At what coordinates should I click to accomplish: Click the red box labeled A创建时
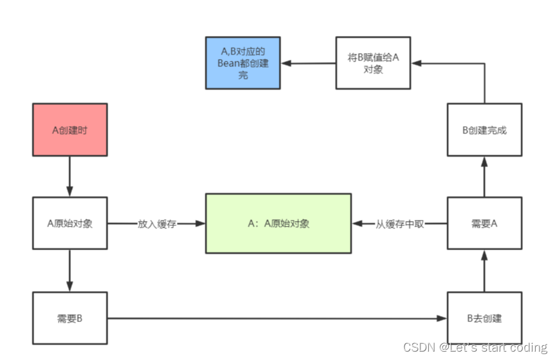coord(70,129)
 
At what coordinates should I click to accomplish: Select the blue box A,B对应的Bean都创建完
coord(243,62)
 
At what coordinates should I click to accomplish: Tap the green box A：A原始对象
coord(278,223)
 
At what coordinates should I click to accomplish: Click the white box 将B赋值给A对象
coord(373,62)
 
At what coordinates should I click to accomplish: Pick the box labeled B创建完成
coord(484,129)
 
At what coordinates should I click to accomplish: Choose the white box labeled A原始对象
coord(70,223)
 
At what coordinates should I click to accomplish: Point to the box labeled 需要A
coord(484,223)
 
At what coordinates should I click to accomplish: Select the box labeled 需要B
coord(70,317)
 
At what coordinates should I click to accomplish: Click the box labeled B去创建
coord(484,317)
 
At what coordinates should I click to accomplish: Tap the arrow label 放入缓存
coord(156,223)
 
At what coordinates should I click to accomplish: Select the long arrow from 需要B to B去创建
coord(277,317)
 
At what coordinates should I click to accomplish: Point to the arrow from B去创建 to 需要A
coord(484,270)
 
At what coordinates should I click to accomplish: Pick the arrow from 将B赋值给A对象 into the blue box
coord(308,63)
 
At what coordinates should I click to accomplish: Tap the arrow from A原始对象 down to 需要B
coord(70,270)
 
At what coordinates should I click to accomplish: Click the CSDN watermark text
coord(475,348)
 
